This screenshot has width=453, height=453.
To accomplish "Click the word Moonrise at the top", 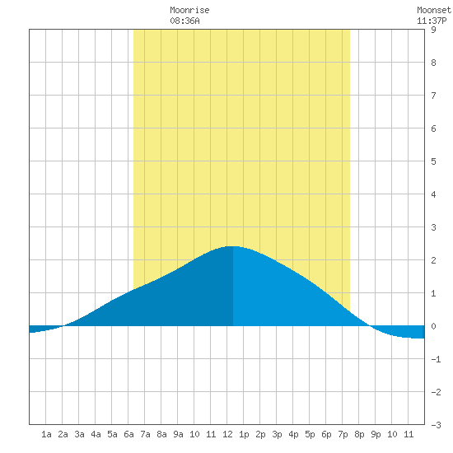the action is [189, 10].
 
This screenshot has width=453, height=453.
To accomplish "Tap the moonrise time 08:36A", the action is [184, 21].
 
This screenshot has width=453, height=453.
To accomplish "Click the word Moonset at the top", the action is [434, 10].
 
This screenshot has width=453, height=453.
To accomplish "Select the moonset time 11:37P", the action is [432, 21].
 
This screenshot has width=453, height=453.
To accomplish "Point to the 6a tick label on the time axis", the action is [128, 434].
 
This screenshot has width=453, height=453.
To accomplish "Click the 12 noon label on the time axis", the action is [227, 434].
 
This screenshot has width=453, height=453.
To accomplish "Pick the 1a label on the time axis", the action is [46, 434].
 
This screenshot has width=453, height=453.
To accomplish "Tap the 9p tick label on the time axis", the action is [376, 434].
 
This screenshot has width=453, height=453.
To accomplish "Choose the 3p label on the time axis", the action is [277, 434].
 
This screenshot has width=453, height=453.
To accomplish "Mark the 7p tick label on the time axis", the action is [343, 434].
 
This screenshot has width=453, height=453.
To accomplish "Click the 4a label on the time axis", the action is [96, 434].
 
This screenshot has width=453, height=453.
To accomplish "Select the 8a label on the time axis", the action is [161, 434].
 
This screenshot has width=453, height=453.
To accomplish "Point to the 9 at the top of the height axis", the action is [433, 30].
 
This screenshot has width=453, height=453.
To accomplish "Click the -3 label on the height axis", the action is [436, 425].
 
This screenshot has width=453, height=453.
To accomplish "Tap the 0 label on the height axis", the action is [433, 326].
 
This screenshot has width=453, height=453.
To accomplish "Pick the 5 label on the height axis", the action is [433, 161].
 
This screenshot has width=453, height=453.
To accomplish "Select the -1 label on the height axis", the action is [436, 359].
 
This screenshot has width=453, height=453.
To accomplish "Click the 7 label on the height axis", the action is [433, 96].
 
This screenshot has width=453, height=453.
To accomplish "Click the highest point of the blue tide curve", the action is [233, 246].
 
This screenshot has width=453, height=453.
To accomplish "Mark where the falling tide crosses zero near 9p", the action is [370, 325].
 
